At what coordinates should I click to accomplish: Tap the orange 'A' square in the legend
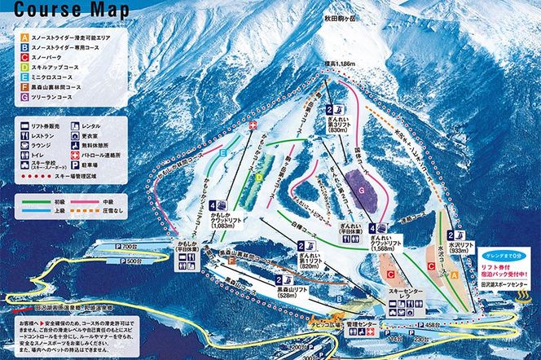(25, 37)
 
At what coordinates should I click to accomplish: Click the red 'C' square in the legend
(25, 57)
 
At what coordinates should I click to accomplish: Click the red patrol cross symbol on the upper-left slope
(253, 124)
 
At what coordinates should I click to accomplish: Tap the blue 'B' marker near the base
(338, 298)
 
